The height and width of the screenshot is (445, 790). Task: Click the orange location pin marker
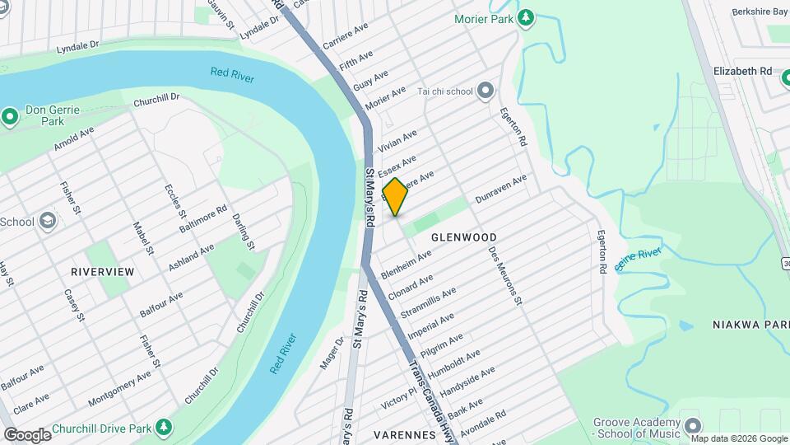point(395,197)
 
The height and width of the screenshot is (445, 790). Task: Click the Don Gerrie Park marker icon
point(10,116)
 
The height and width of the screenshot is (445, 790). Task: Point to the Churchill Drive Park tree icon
point(165,427)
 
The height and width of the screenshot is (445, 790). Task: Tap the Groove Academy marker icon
point(693,426)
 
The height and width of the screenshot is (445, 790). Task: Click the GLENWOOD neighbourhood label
point(464,237)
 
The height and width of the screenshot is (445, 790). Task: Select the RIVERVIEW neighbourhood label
point(102,271)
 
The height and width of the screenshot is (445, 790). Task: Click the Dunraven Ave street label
point(500,190)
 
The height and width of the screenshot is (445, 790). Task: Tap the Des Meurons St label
point(505,275)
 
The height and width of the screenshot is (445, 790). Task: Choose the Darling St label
point(243,232)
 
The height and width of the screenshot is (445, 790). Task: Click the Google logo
point(26,434)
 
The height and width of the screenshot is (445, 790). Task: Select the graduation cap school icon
point(48,221)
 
